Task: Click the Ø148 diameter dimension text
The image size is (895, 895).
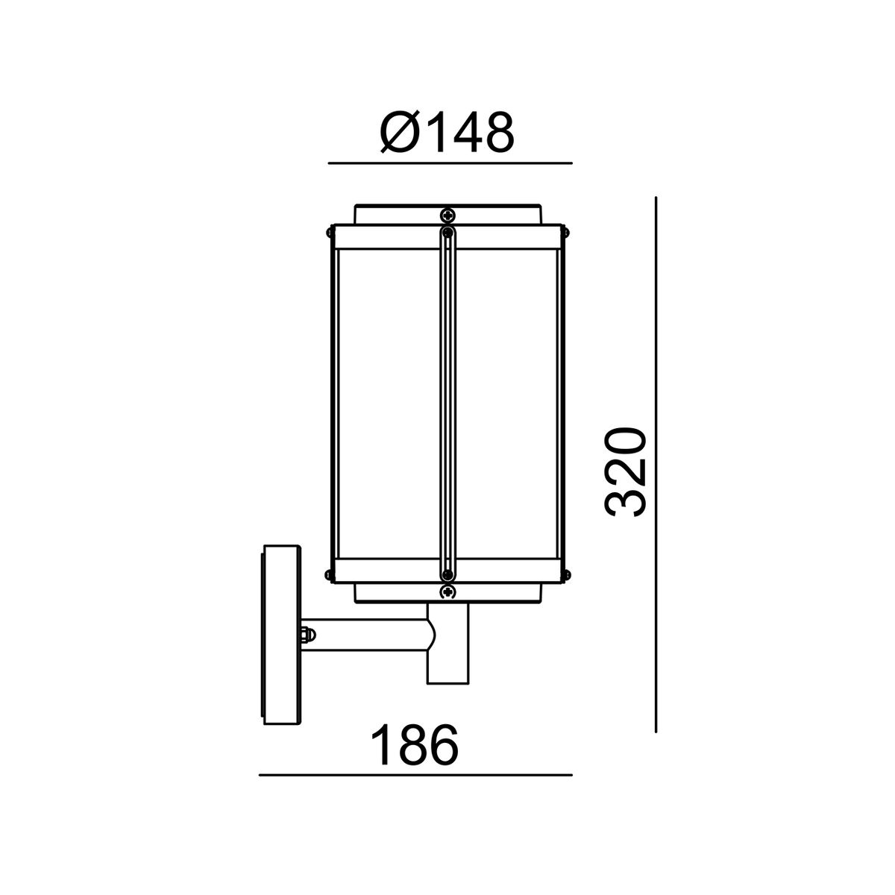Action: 447,132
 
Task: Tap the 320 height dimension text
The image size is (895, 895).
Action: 625,472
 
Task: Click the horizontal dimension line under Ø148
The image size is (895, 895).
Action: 450,163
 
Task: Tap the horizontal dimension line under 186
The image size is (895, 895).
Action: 415,775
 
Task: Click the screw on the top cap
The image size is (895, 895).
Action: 447,215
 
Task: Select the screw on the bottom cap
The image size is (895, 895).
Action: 447,591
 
